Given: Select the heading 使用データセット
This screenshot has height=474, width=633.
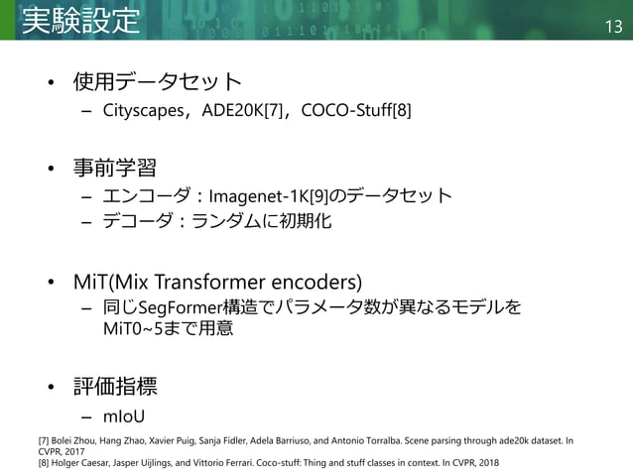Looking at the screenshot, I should (x=157, y=80).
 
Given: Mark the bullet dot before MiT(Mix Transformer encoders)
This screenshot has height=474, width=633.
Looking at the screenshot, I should (x=55, y=280).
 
